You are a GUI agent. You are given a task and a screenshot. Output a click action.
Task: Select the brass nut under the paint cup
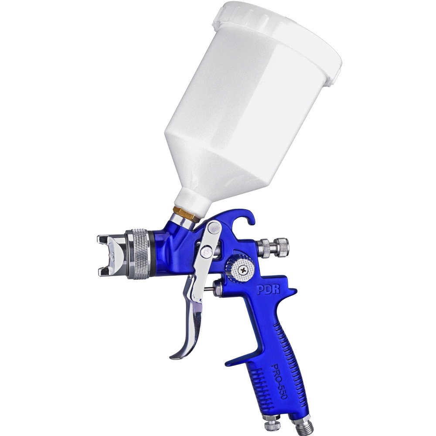point(183,212)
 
